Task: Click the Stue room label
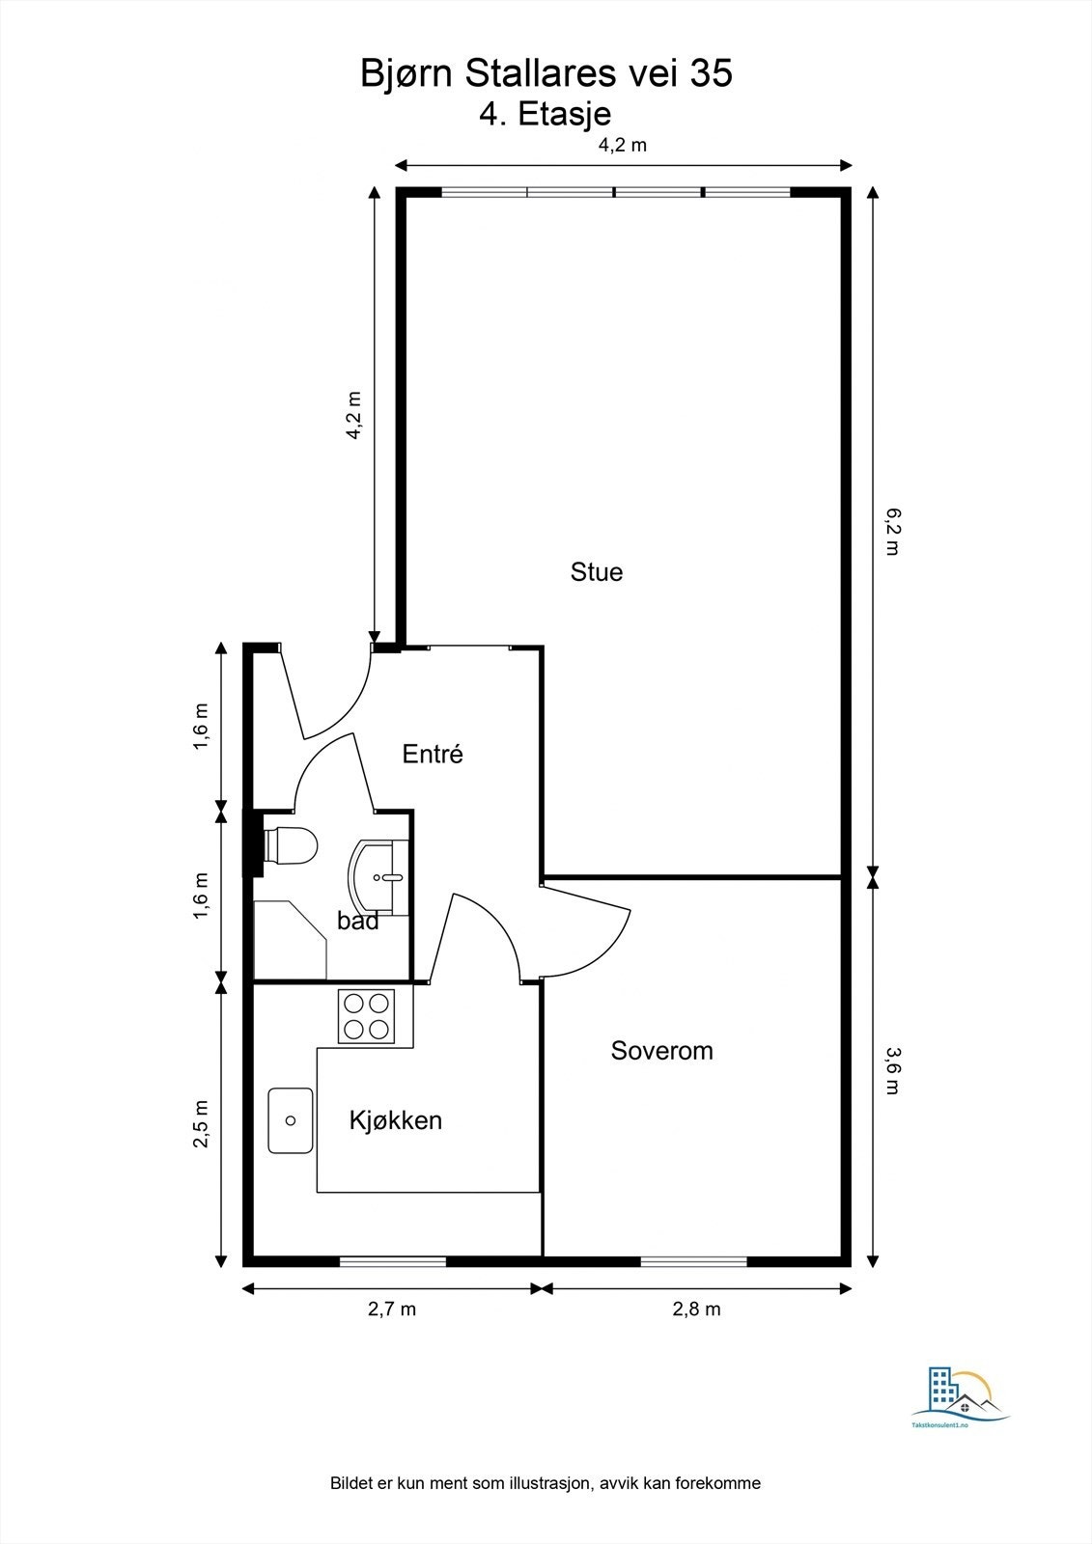[x=597, y=572]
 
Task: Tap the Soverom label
[x=661, y=1051]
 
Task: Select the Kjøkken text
[x=395, y=1120]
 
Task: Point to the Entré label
[x=433, y=755]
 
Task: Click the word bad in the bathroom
[x=357, y=922]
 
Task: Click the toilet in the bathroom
[x=291, y=846]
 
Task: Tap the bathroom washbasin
[x=378, y=876]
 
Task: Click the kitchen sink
[x=291, y=1120]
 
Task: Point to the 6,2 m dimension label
[x=891, y=532]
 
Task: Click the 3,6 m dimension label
[x=891, y=1070]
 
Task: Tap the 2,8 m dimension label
[x=696, y=1310]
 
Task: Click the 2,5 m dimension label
[x=201, y=1123]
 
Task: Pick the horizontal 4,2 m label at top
[x=622, y=146]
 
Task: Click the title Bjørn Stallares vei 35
[x=546, y=74]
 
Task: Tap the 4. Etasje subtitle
[x=546, y=114]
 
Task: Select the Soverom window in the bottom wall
[x=693, y=1260]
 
